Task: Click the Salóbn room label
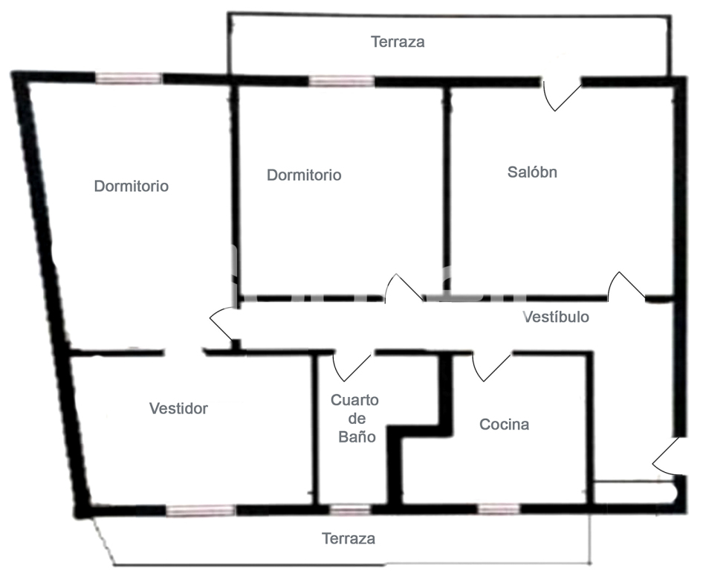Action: (532, 172)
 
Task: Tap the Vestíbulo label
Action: (556, 317)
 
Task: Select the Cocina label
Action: (504, 425)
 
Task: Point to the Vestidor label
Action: (178, 408)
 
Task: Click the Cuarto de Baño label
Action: (354, 419)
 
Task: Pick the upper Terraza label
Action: (398, 42)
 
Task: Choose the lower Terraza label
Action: (348, 538)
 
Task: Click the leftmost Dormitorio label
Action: (131, 186)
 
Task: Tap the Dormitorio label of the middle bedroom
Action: (304, 175)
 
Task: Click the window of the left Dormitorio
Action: (128, 79)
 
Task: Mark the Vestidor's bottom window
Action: (200, 511)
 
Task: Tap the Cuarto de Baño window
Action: (349, 510)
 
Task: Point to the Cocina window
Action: (498, 509)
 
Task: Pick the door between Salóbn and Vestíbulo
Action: (626, 288)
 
